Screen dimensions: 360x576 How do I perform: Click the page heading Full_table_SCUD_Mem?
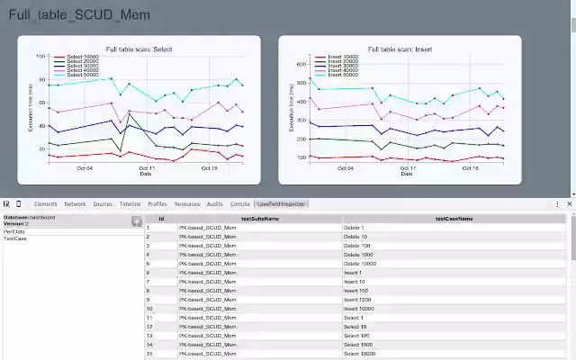pos(79,15)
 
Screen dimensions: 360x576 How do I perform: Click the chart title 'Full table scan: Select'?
pos(139,49)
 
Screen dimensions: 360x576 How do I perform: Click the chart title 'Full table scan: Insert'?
pos(400,49)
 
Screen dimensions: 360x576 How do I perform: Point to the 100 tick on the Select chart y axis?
pos(40,56)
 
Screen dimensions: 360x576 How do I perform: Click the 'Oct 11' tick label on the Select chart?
pos(147,167)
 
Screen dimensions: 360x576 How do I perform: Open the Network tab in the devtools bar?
pos(75,204)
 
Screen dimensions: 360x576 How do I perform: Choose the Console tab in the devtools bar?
pos(239,204)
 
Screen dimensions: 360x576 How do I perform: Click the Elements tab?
pos(45,204)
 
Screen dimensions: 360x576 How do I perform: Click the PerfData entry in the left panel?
pos(14,231)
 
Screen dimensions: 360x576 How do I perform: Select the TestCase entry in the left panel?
pos(14,239)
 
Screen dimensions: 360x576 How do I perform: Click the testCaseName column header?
pos(454,219)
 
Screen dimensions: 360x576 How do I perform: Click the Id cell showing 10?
pos(150,309)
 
